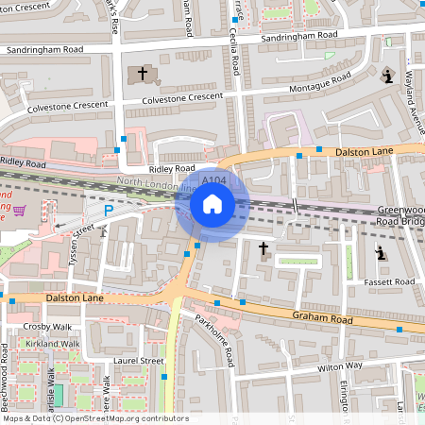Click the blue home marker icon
point(212,204)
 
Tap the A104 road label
point(214,179)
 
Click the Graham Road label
point(321,319)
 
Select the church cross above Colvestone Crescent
point(144,73)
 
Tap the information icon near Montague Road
point(387,77)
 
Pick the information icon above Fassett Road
point(381,253)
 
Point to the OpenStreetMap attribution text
point(94,418)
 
